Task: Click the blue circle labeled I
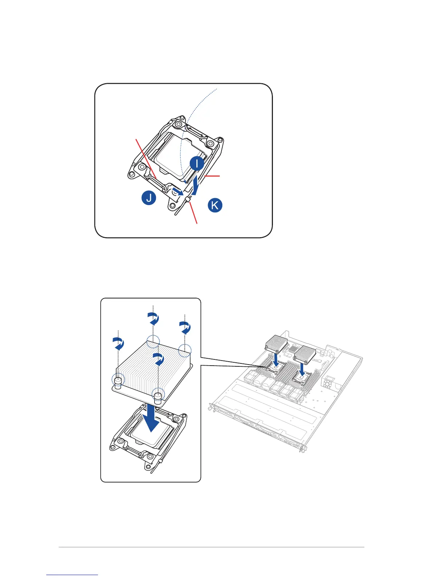[197, 163]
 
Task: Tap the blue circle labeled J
[149, 199]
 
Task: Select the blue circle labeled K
[215, 205]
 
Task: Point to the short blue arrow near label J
[178, 191]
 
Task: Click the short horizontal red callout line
[213, 176]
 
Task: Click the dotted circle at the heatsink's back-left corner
[153, 342]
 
